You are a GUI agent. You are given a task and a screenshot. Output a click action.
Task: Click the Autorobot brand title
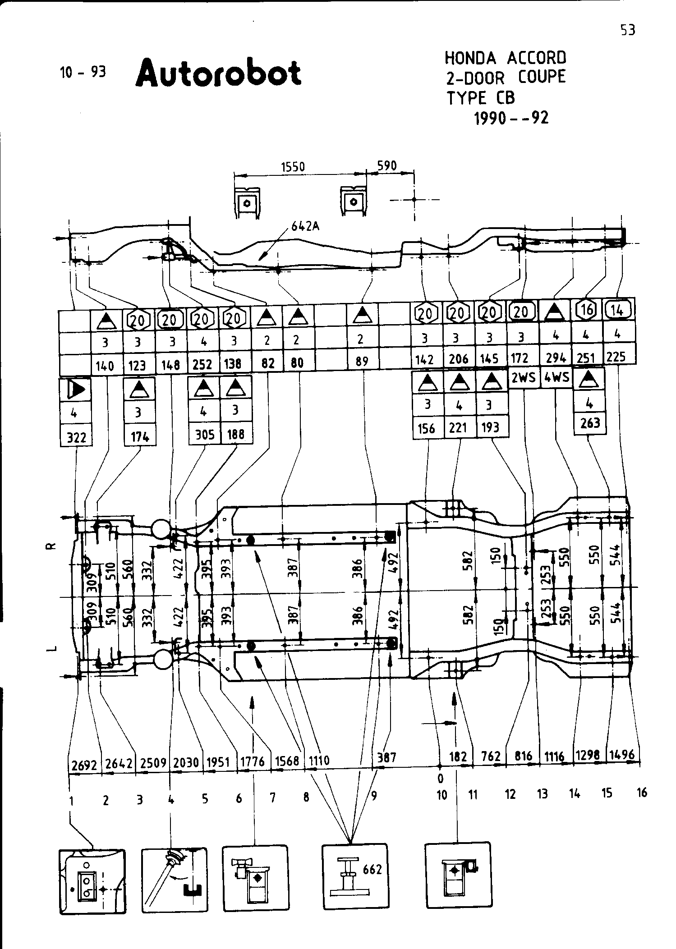pos(218,73)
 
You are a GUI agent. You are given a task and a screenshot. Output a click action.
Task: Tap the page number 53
pos(627,30)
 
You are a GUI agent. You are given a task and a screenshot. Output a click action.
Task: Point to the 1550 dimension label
pos(293,167)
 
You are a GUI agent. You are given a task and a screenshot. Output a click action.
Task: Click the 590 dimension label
pos(386,166)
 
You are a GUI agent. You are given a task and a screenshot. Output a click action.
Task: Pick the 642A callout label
pos(305,226)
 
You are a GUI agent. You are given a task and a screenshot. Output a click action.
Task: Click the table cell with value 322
pos(76,438)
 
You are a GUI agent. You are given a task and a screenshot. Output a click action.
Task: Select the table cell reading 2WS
pos(523,378)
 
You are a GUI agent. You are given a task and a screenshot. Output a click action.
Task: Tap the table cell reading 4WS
pos(556,377)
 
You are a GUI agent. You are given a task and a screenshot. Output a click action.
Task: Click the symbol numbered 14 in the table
pos(618,309)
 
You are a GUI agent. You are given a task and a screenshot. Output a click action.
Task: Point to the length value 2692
pos(84,765)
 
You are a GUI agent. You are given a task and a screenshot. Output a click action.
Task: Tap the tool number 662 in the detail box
pos(372,869)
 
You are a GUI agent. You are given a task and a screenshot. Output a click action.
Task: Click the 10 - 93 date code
pos(83,72)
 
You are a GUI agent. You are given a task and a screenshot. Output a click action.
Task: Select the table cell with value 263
pos(590,423)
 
